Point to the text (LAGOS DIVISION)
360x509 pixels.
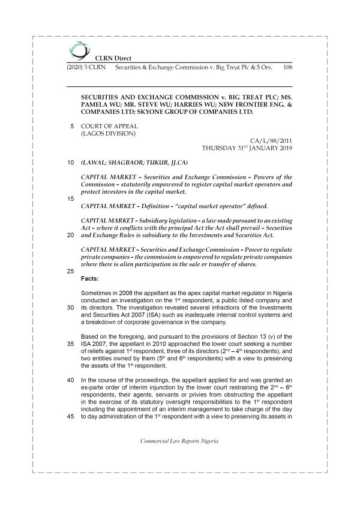point(108,134)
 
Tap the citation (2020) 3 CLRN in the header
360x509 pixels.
point(84,68)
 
